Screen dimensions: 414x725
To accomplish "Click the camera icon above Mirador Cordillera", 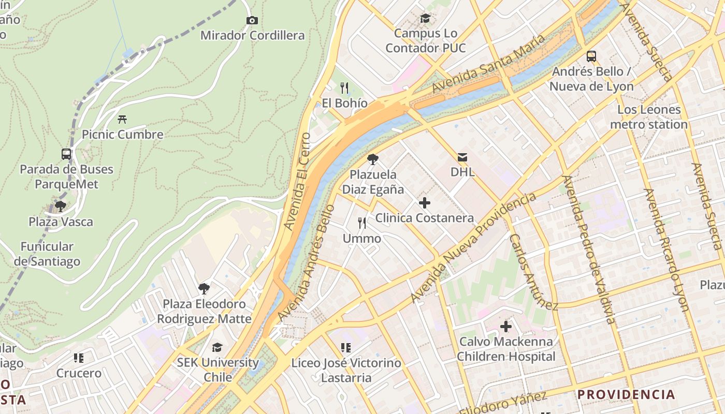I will [x=252, y=20].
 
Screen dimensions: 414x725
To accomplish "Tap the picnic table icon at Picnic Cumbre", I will [x=122, y=119].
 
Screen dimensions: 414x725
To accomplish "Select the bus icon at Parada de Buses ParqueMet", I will [x=66, y=154].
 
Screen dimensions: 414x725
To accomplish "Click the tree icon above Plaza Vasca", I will [x=61, y=206].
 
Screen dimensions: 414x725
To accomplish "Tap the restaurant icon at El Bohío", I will [x=344, y=88].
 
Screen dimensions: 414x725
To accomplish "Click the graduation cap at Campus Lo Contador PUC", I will [x=425, y=18].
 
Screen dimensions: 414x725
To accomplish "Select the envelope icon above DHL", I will [x=462, y=157].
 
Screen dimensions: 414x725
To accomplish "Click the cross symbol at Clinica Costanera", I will [x=425, y=202].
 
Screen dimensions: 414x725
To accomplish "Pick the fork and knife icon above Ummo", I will [x=362, y=223].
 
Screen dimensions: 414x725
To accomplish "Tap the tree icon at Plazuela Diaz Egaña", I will [x=372, y=159].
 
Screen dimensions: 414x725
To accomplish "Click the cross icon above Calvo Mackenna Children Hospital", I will [x=506, y=327].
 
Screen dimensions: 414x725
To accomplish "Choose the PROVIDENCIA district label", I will [x=626, y=394].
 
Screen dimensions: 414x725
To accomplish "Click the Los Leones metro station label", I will [x=649, y=117].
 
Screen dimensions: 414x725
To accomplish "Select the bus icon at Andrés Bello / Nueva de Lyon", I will [x=591, y=56].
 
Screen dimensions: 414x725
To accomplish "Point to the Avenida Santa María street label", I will [x=489, y=64].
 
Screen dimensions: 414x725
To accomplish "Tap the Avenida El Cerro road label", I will [x=297, y=181].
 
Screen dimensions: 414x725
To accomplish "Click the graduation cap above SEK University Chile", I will [x=217, y=347].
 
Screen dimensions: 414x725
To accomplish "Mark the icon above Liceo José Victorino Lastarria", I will [x=346, y=347].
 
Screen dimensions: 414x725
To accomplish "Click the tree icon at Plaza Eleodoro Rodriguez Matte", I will [x=204, y=288].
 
